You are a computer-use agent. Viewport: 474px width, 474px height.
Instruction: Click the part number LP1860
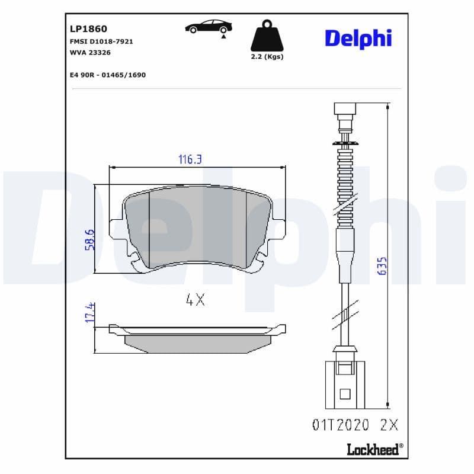click(x=84, y=28)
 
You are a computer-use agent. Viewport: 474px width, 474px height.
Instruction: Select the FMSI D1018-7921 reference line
click(x=101, y=42)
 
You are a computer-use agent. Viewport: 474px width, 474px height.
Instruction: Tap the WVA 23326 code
click(x=90, y=53)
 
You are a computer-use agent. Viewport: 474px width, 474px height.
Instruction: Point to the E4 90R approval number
click(x=107, y=75)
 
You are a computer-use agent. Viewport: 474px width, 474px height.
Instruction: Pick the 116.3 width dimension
click(x=191, y=159)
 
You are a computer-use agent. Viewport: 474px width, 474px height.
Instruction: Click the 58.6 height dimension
click(x=89, y=239)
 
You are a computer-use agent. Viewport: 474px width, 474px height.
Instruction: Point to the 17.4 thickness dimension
click(x=89, y=312)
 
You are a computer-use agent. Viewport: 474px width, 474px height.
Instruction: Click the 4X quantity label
click(x=195, y=300)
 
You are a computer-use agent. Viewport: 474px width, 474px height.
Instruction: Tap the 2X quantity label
click(x=390, y=425)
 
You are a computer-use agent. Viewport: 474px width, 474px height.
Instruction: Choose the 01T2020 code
click(x=340, y=425)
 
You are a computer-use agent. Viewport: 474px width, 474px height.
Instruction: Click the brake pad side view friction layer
click(x=198, y=341)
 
